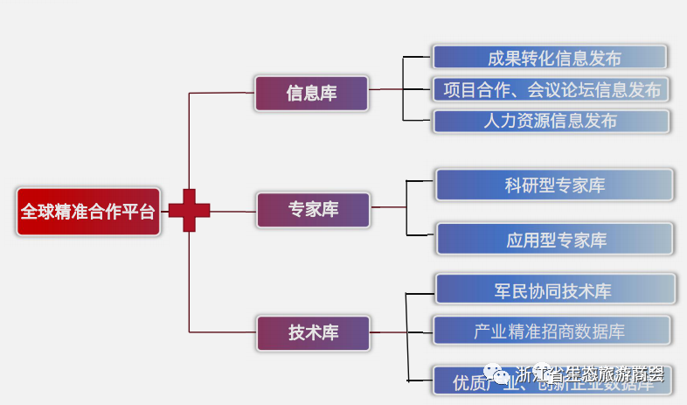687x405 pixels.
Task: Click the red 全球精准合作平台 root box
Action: tap(88, 212)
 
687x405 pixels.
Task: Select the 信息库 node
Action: tap(311, 93)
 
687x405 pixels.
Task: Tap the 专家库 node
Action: tap(313, 210)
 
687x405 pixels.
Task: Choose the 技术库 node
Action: tap(313, 332)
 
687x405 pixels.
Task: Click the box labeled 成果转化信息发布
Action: tap(551, 58)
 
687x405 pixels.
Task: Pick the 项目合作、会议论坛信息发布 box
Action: tap(551, 89)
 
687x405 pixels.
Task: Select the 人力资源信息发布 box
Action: tap(551, 121)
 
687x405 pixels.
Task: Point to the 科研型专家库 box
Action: tap(554, 185)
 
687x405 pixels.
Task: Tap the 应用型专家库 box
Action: tap(554, 240)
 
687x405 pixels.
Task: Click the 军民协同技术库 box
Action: tap(554, 290)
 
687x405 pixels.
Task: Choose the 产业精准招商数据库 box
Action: tap(551, 332)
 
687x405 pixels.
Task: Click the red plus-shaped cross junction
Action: tap(190, 211)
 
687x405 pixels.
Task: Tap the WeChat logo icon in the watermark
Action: tap(501, 376)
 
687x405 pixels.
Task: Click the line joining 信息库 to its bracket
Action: tap(385, 89)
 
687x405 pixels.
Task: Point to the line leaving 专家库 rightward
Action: tap(388, 208)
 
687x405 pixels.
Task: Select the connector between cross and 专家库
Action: tap(233, 211)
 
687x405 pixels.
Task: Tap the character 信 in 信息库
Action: tap(295, 93)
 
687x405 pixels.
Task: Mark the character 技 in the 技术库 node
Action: tap(296, 332)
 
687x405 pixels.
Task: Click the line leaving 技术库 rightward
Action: tap(388, 332)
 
